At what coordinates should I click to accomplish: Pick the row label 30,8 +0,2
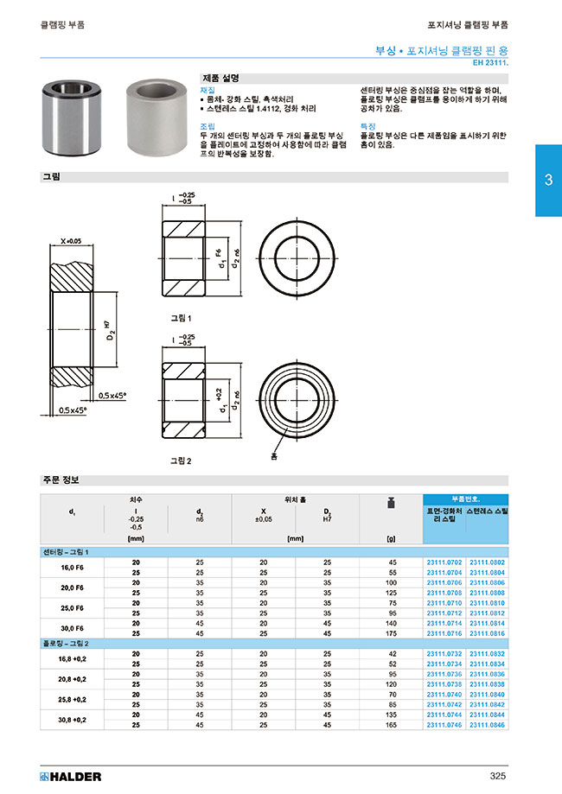[x=73, y=720]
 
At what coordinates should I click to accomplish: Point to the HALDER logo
[x=71, y=776]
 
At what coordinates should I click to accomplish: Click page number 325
[x=496, y=776]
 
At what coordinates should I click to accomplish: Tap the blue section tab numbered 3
[x=548, y=181]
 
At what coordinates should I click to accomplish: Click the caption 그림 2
[x=180, y=461]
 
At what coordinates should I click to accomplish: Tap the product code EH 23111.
[x=490, y=63]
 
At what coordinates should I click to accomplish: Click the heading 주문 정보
[x=61, y=480]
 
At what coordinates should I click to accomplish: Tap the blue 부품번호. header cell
[x=465, y=499]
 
